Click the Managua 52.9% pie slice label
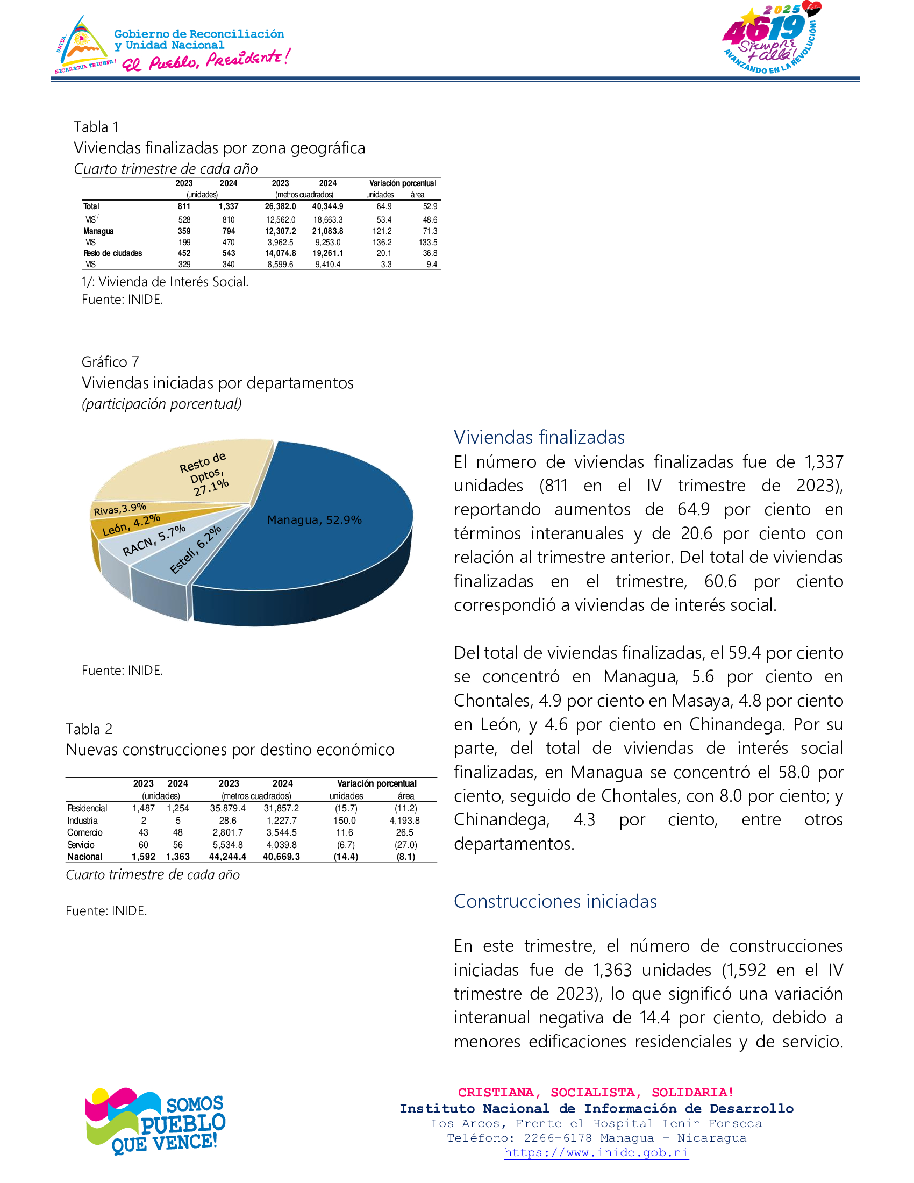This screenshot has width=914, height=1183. [x=314, y=520]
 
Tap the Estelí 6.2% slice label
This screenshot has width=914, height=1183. [x=196, y=549]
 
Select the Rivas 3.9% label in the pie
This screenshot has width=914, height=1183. [x=120, y=509]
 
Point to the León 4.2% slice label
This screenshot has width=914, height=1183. [x=131, y=524]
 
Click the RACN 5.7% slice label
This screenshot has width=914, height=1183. [x=154, y=540]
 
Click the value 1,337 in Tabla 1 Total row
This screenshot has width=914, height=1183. [x=228, y=206]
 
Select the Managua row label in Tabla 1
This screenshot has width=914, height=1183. [x=98, y=231]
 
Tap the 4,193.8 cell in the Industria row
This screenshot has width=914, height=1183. [x=404, y=821]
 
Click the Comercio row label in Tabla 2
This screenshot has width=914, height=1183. [x=84, y=832]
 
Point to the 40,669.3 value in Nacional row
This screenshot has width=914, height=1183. [x=281, y=857]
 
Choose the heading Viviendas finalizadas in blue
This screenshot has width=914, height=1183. [x=539, y=437]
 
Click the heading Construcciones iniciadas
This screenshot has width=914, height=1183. [x=555, y=901]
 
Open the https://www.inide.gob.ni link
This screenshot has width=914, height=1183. [x=596, y=1153]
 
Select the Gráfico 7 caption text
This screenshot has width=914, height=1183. [x=110, y=362]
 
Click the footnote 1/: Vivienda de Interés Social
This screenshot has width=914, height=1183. [x=165, y=282]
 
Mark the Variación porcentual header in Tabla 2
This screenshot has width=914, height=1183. [x=376, y=784]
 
